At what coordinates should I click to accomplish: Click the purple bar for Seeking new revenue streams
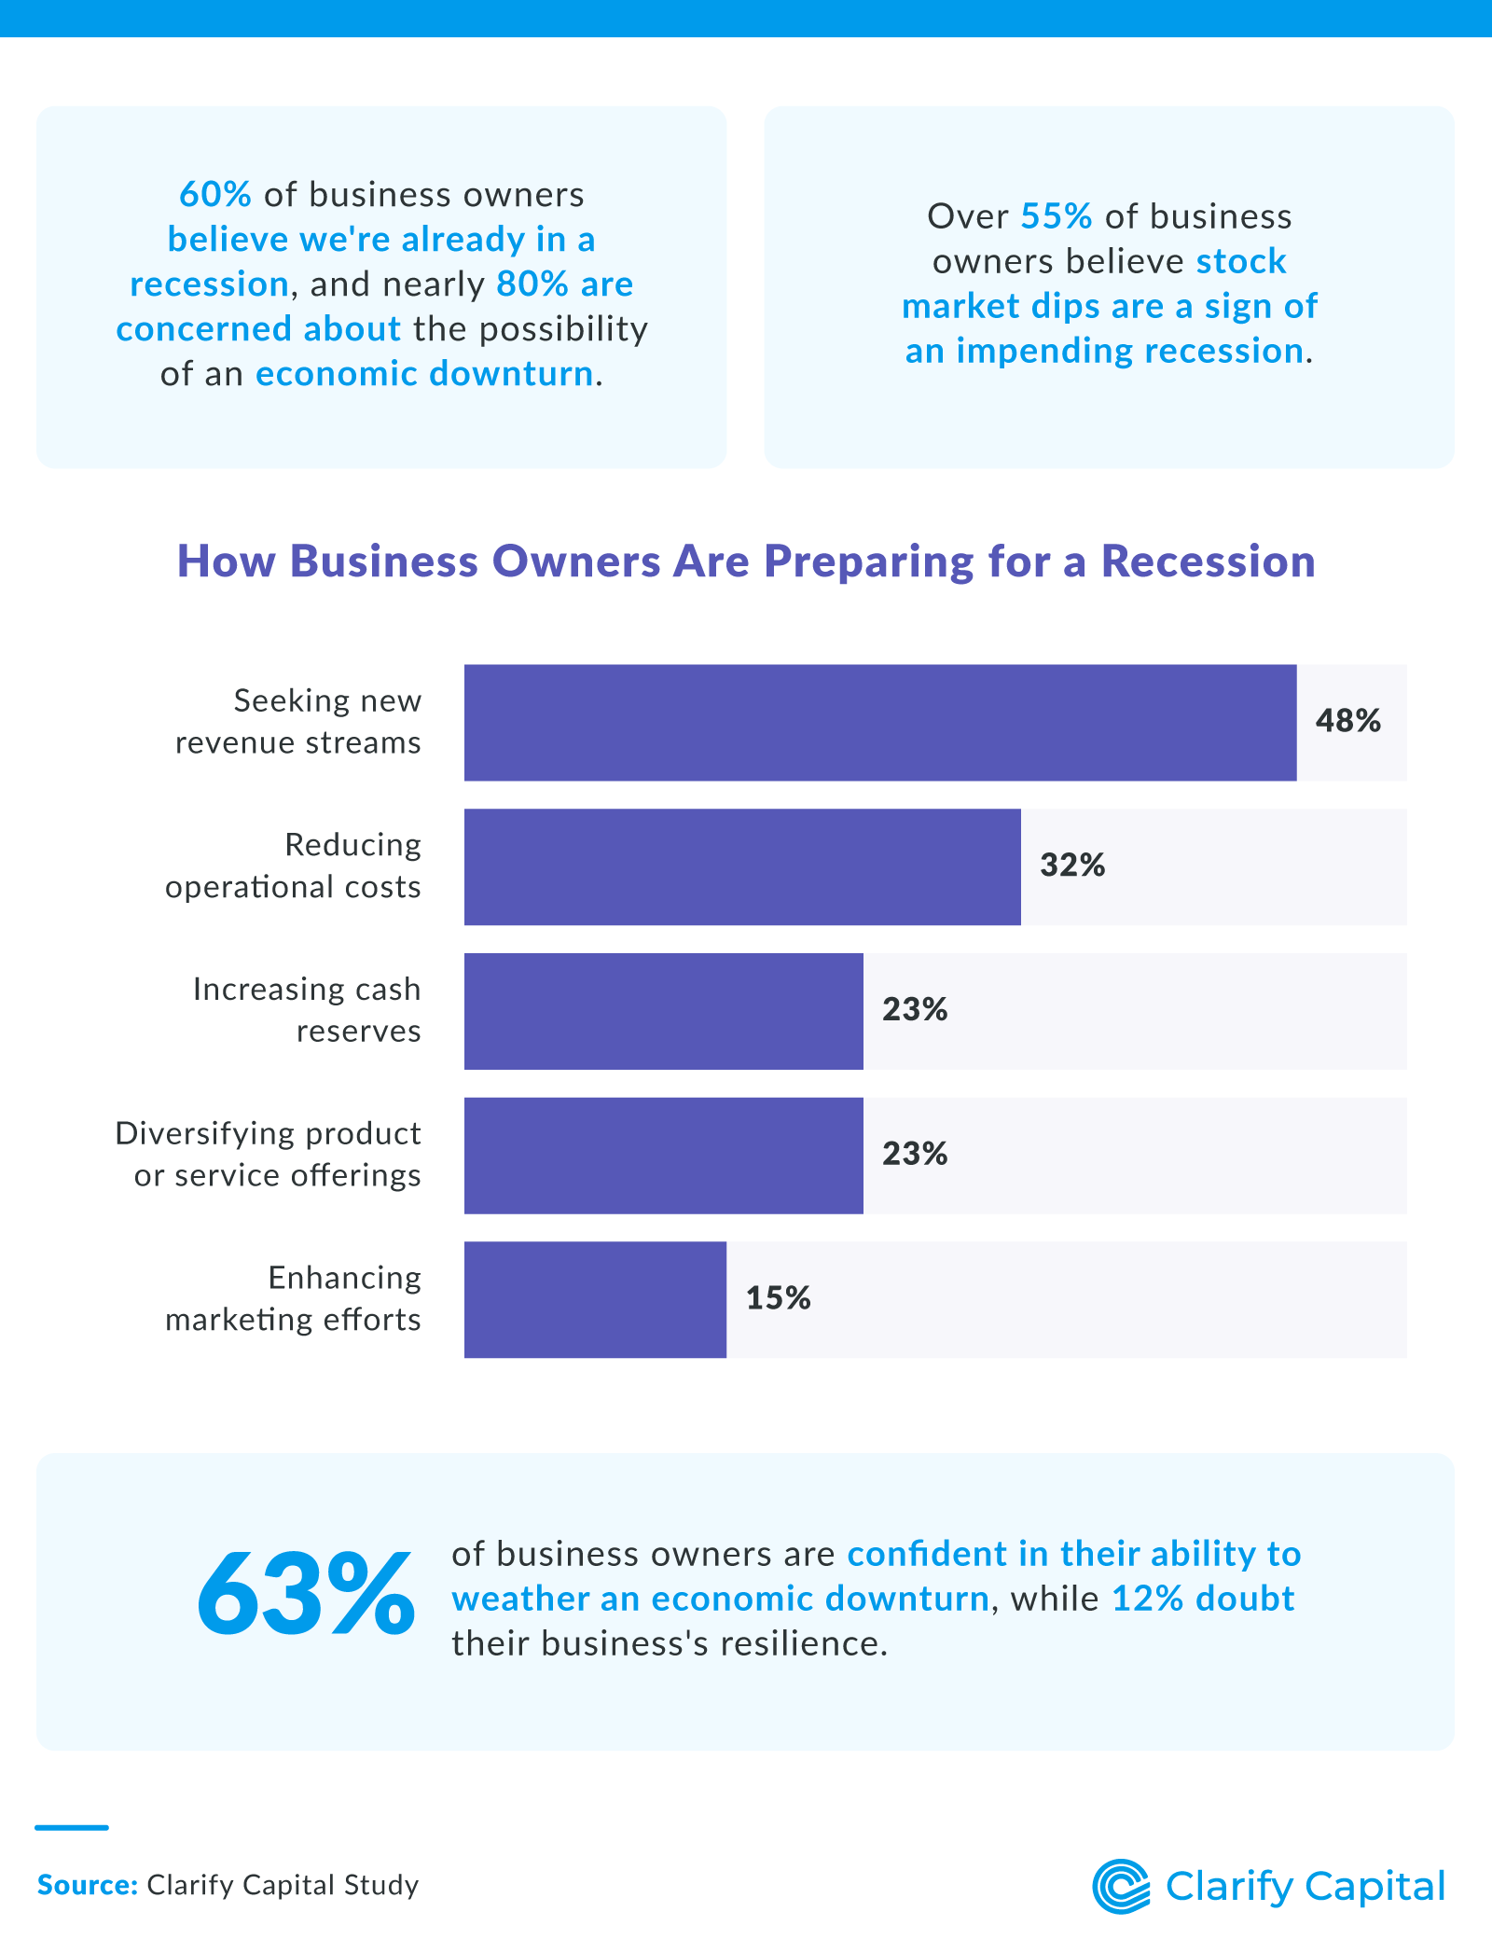pos(879,723)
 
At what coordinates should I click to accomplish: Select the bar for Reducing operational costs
pos(742,866)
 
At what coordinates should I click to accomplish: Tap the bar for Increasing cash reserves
pos(663,1011)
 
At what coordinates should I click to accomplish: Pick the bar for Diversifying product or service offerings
pos(663,1156)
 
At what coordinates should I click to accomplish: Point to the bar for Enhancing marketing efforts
pos(595,1299)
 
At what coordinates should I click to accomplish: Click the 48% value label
pos(1347,721)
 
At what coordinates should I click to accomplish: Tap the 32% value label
pos(1072,866)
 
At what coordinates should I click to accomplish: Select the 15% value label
pos(778,1298)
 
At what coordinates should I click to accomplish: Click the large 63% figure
pos(305,1596)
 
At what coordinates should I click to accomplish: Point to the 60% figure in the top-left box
pos(215,195)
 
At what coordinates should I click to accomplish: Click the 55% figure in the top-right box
pos(1057,216)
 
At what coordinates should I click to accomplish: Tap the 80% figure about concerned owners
pos(532,284)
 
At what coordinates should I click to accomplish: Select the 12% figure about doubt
pos(1147,1599)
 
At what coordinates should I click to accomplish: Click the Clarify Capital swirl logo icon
pos(1121,1886)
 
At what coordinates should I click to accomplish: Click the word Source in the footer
pos(88,1885)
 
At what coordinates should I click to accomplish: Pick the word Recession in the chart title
pos(1208,561)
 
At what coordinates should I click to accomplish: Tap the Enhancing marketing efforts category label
pos(293,1298)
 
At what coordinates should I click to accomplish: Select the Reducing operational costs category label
pos(293,866)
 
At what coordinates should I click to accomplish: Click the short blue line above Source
pos(72,1827)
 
